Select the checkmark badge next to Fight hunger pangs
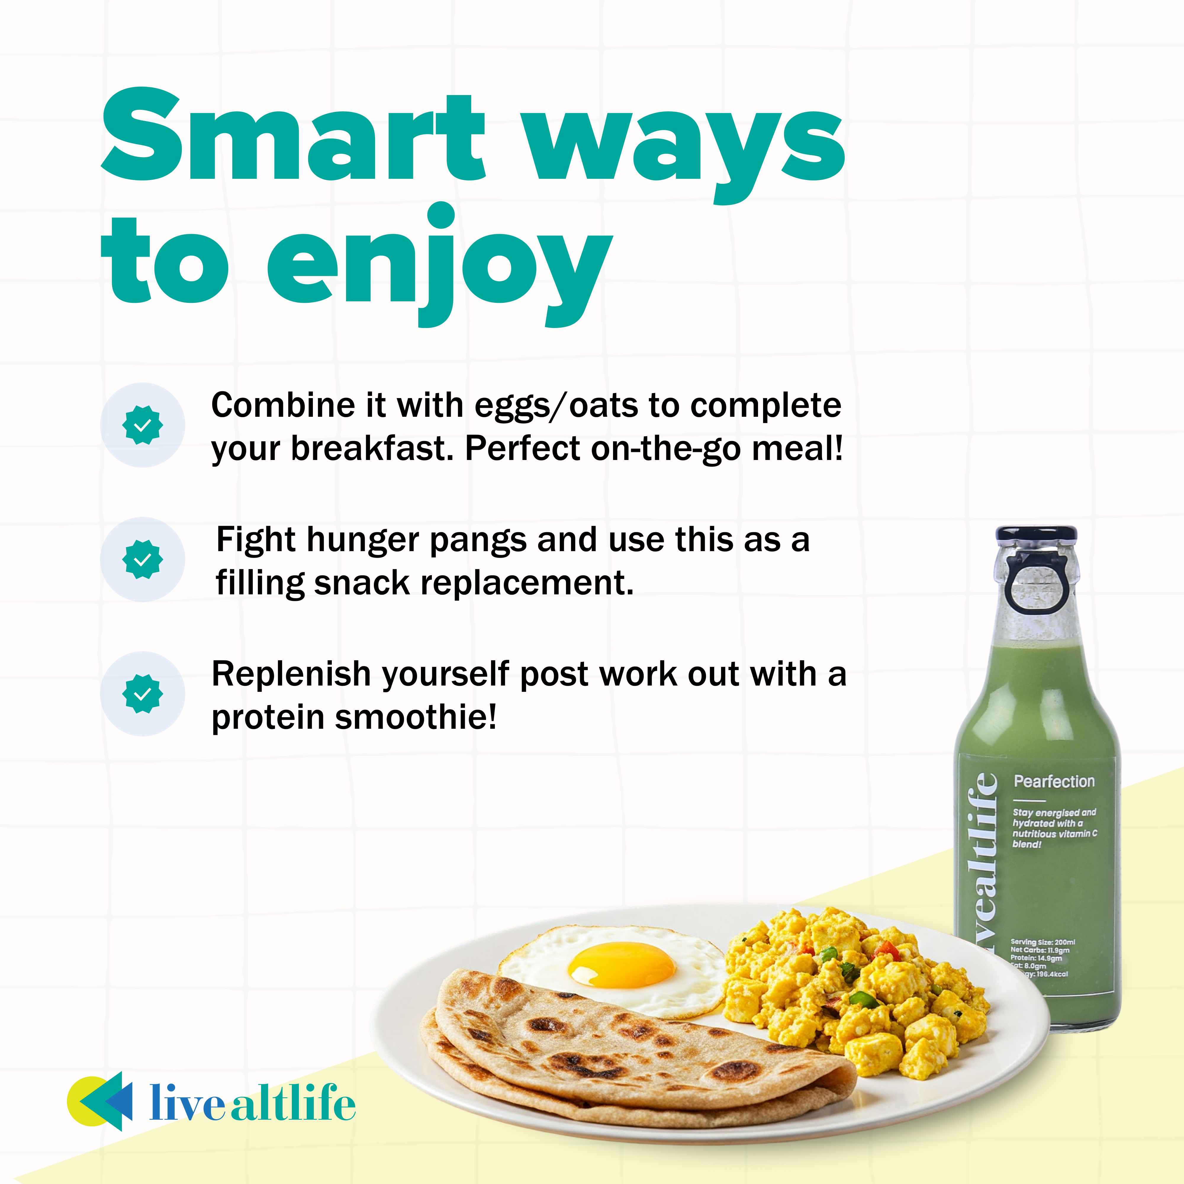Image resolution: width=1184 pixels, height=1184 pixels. point(142,559)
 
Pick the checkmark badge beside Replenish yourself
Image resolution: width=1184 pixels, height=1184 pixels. point(142,694)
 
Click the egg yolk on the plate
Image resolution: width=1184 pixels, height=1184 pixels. point(622,965)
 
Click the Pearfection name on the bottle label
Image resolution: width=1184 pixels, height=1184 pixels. point(1054,781)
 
